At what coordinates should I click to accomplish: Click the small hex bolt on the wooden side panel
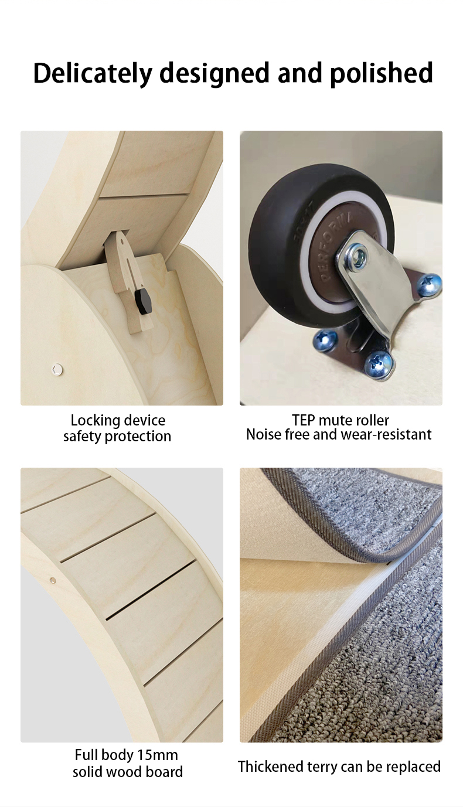pos(57,369)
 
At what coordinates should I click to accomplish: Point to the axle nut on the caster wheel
pos(355,256)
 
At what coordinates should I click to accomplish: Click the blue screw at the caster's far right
pos(429,284)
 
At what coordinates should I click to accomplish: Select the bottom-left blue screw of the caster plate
pos(325,340)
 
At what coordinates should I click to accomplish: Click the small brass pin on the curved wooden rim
pos(53,580)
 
